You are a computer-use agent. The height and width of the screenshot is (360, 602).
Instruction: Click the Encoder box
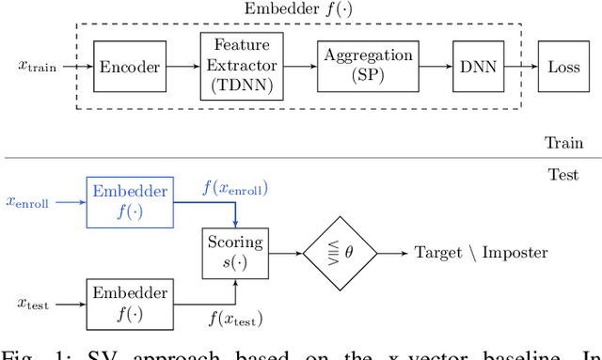pos(131,67)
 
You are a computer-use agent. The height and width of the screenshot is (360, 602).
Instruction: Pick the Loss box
pos(564,67)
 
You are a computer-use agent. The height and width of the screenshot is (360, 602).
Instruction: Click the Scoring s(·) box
pos(236,252)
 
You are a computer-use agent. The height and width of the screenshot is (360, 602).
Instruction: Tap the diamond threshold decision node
pos(341,253)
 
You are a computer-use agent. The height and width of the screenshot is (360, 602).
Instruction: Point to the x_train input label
pos(37,67)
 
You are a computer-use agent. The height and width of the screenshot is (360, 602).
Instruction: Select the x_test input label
pos(35,303)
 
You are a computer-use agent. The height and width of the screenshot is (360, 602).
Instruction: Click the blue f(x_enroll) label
pos(235,188)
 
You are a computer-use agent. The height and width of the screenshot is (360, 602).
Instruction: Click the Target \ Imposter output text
pos(481,253)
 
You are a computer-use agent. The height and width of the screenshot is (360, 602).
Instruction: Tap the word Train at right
pos(563,143)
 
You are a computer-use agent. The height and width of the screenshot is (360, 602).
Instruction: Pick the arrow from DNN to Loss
pos(518,67)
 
